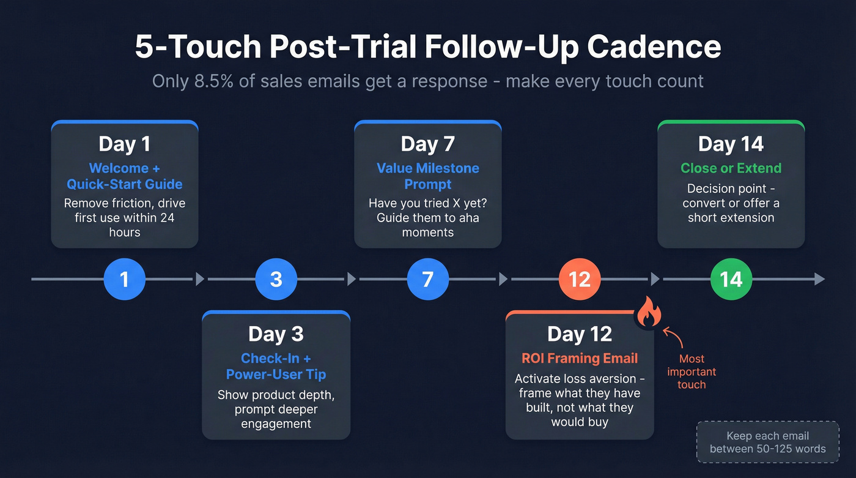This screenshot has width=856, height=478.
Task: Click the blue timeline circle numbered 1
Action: tap(125, 280)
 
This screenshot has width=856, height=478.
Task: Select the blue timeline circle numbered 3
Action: tap(276, 280)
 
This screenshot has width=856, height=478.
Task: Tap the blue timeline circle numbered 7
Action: tap(428, 280)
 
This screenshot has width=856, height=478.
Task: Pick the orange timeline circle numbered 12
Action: tap(580, 280)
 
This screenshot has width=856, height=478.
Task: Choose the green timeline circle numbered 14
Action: tap(731, 280)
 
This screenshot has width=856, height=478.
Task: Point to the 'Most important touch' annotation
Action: tap(692, 372)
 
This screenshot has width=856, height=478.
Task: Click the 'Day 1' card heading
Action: tap(125, 144)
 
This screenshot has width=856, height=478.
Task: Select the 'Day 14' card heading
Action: tap(731, 144)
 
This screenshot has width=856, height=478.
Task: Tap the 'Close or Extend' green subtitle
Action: tap(731, 168)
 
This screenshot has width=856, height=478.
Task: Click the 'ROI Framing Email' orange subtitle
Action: tap(580, 359)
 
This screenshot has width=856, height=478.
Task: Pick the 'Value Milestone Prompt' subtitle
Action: tap(428, 176)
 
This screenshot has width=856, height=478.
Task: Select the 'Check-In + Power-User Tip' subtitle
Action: tap(276, 366)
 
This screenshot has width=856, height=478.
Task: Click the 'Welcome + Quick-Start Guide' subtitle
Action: tap(125, 176)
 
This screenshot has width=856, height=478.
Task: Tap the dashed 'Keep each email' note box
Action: tap(768, 442)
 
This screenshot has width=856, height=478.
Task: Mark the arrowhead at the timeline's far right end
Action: tap(820, 280)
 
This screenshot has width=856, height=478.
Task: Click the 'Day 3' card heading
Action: tap(276, 334)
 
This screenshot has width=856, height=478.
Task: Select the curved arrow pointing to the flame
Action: tap(673, 337)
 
